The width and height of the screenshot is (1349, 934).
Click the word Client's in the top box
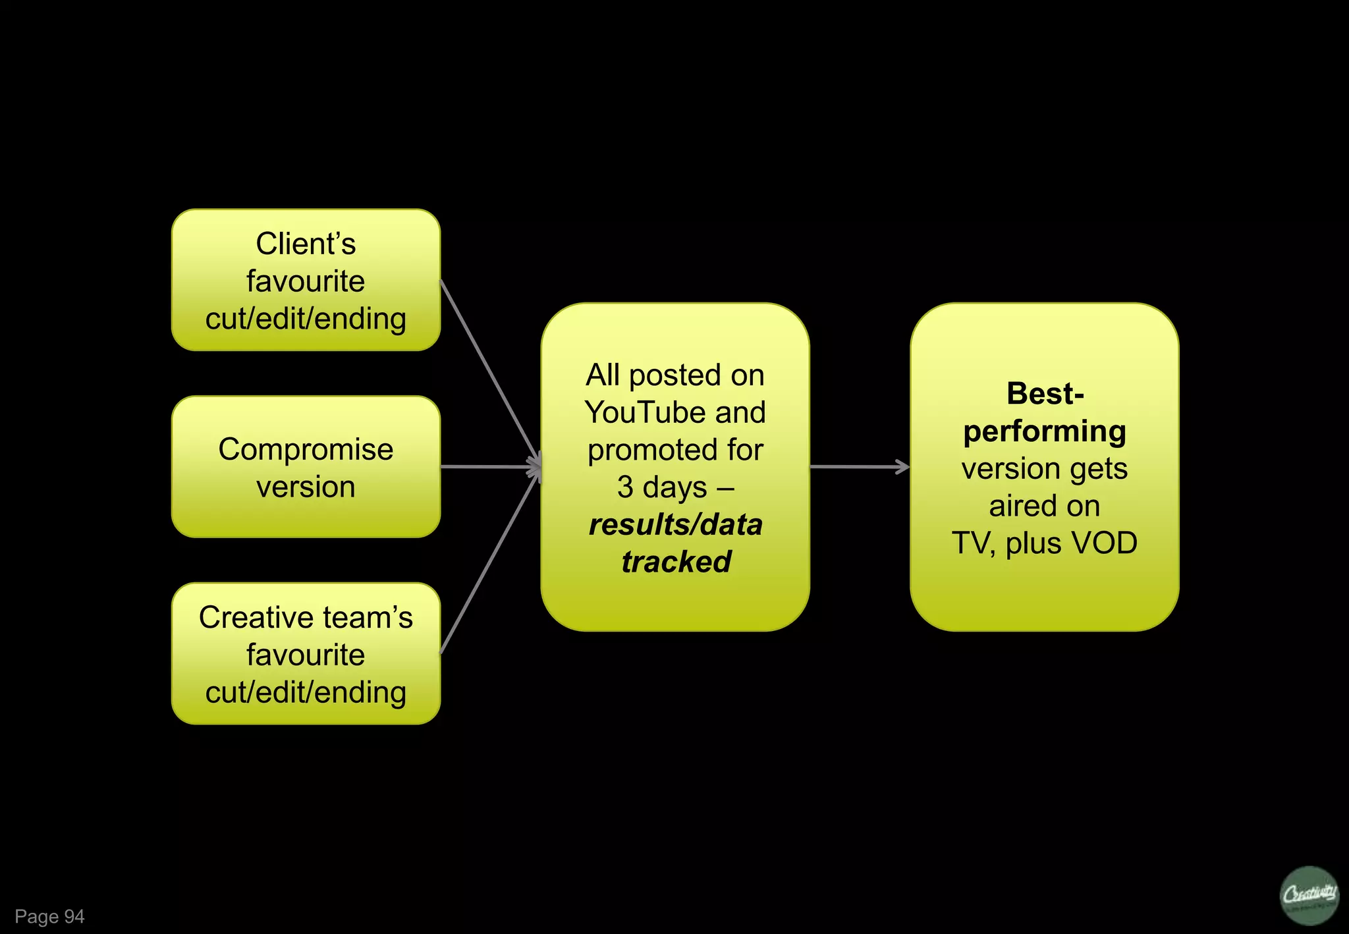pos(306,244)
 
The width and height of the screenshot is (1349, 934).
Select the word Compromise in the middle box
pos(306,449)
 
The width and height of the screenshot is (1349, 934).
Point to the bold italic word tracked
pos(676,562)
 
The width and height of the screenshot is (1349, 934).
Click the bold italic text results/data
pos(676,525)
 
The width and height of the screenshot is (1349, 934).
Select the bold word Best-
pos(1045,394)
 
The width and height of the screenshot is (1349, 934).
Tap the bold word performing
pos(1045,431)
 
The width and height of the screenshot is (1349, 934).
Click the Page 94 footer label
pos(50,916)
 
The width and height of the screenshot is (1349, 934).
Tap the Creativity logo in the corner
pos(1309,895)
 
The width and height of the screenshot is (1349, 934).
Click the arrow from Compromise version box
pos(491,467)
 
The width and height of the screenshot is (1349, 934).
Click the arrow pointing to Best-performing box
pos(859,467)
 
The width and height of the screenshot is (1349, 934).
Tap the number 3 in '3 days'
pos(625,487)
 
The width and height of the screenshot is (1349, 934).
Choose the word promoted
pos(653,451)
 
